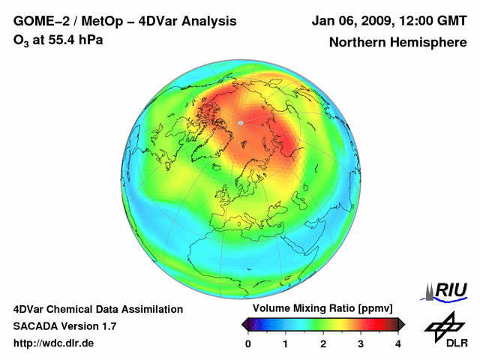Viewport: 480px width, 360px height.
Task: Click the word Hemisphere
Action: [x=424, y=43]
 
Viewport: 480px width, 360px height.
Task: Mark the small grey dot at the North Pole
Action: [x=241, y=122]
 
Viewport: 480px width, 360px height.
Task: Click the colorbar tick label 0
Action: [x=248, y=343]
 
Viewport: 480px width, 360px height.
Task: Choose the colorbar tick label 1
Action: [x=286, y=343]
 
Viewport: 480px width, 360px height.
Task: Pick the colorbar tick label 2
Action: [x=323, y=343]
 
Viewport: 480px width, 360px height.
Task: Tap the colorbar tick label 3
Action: [x=361, y=343]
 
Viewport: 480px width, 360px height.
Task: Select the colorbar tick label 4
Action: [x=398, y=343]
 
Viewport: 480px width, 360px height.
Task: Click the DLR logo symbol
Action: [x=445, y=326]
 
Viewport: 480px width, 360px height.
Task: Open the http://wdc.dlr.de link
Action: [x=54, y=343]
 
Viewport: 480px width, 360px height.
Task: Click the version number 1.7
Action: [x=108, y=326]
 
